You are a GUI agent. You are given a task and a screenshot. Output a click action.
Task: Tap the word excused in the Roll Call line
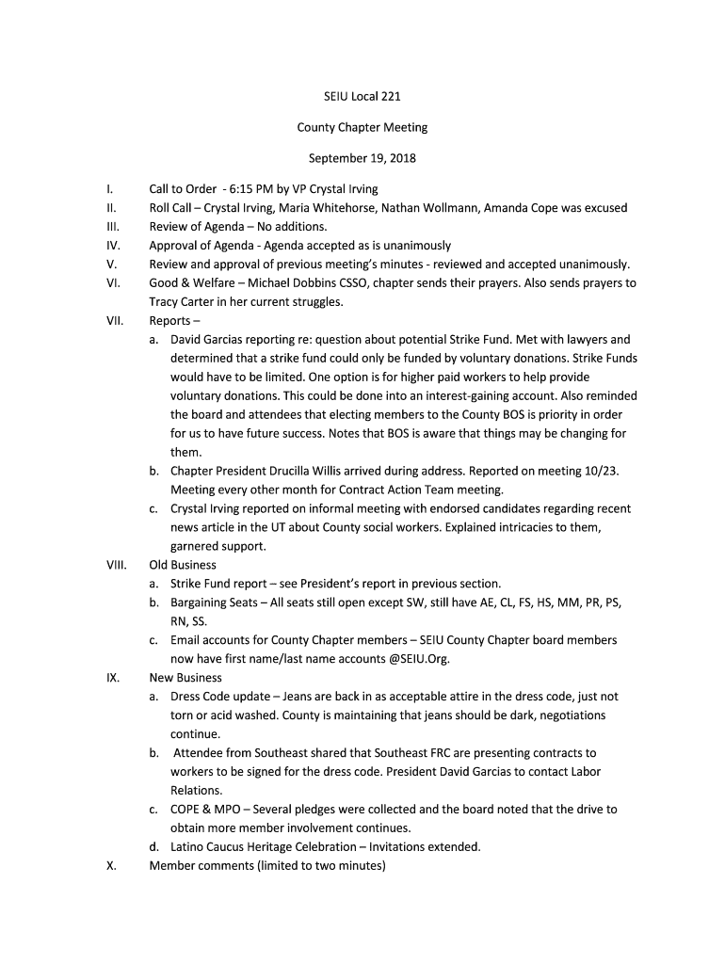(600, 208)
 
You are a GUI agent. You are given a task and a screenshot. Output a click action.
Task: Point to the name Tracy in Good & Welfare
(165, 301)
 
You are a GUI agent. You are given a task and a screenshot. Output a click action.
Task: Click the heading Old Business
(183, 565)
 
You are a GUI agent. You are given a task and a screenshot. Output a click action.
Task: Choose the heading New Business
(185, 677)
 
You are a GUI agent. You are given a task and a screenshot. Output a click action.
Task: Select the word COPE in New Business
(186, 809)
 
